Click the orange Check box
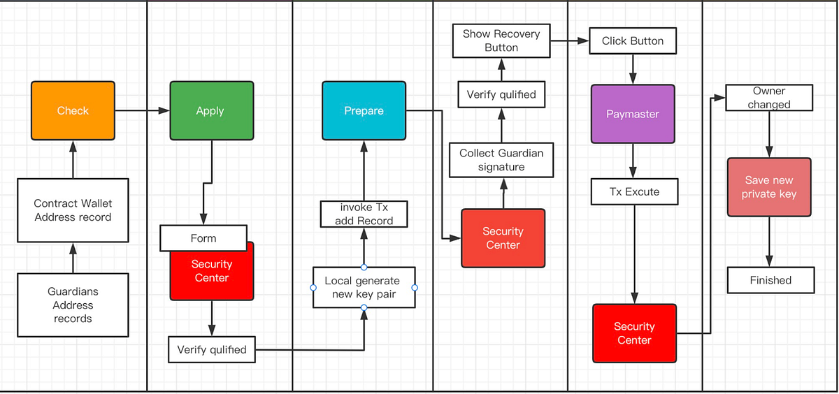click(x=73, y=110)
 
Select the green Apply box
click(x=211, y=110)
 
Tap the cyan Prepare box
click(x=364, y=110)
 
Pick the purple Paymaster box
click(x=633, y=114)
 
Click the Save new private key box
click(x=769, y=187)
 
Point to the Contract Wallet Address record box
click(x=73, y=210)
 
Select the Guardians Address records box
click(x=73, y=305)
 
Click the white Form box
click(x=203, y=238)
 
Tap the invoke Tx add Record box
click(x=364, y=214)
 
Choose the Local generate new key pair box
click(x=364, y=287)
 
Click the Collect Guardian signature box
click(x=501, y=160)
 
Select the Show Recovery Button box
click(x=501, y=41)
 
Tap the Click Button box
click(x=633, y=41)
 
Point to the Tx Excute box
click(x=633, y=191)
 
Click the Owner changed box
click(x=769, y=98)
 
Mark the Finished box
click(x=770, y=280)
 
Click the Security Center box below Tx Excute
click(x=634, y=333)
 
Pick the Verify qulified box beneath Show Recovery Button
click(x=501, y=94)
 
